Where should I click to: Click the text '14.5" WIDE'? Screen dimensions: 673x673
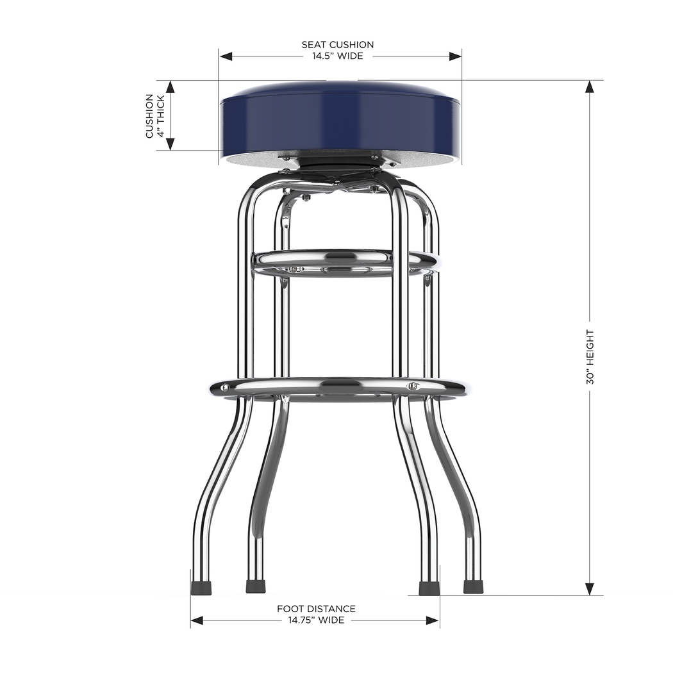coord(337,56)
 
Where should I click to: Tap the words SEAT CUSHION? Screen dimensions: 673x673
coord(337,45)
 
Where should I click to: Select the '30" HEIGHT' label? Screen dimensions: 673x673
coord(590,357)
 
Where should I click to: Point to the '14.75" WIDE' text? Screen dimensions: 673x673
coord(316,620)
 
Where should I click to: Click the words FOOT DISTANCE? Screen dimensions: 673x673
coord(316,609)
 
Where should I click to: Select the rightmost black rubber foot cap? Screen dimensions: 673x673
coord(473,586)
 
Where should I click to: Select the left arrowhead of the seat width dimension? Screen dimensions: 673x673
coord(225,56)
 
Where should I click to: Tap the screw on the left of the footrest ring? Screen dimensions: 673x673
coord(226,387)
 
